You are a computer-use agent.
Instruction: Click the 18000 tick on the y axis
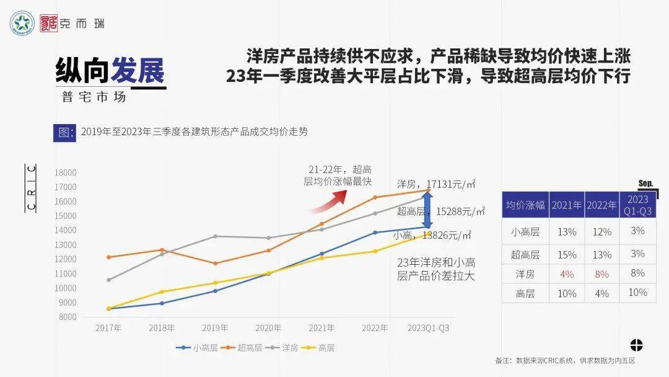click(x=64, y=173)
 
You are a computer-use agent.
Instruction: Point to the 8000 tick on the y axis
click(x=66, y=317)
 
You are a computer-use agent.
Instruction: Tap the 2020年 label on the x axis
click(x=268, y=328)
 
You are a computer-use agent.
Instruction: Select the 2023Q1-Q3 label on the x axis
click(x=427, y=328)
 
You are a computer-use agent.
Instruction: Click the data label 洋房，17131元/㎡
click(x=436, y=184)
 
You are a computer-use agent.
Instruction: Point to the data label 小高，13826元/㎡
click(x=432, y=236)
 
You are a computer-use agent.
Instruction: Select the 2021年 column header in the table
click(x=566, y=205)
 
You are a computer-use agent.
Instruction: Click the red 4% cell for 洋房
click(x=566, y=274)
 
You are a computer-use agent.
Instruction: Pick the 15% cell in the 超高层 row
click(x=566, y=254)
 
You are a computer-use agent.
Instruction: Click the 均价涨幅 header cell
click(x=525, y=205)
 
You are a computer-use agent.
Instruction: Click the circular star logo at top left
click(x=22, y=24)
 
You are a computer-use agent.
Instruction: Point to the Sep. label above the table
click(x=646, y=184)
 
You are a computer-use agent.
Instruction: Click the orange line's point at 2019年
click(x=215, y=264)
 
